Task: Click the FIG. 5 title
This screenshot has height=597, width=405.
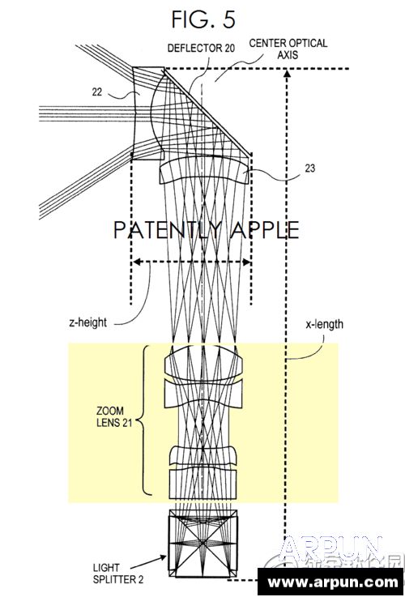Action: point(202,18)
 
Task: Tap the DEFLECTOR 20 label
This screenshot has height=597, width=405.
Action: point(201,49)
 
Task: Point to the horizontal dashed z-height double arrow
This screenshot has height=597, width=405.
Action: point(191,262)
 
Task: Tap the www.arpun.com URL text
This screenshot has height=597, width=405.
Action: point(332,582)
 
